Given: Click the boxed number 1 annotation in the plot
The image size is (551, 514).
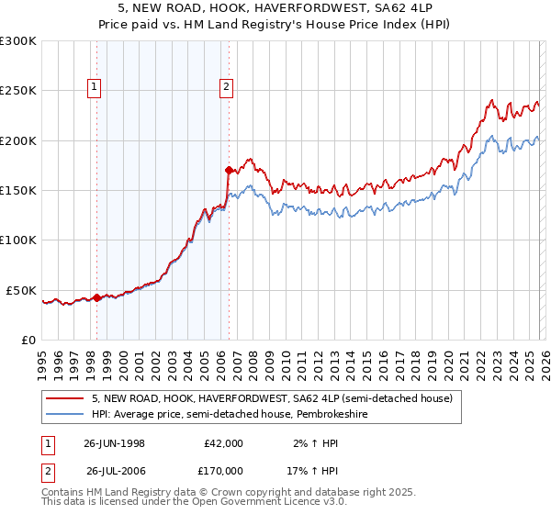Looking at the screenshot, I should (96, 88).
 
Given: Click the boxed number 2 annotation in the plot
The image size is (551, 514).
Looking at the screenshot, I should (226, 88).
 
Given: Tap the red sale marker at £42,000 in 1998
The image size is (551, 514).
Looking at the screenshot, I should (97, 297).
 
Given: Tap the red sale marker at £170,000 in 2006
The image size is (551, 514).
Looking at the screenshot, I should (229, 170).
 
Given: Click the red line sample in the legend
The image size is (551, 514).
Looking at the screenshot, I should (64, 399).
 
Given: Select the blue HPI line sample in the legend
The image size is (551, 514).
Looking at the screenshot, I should (64, 416).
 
